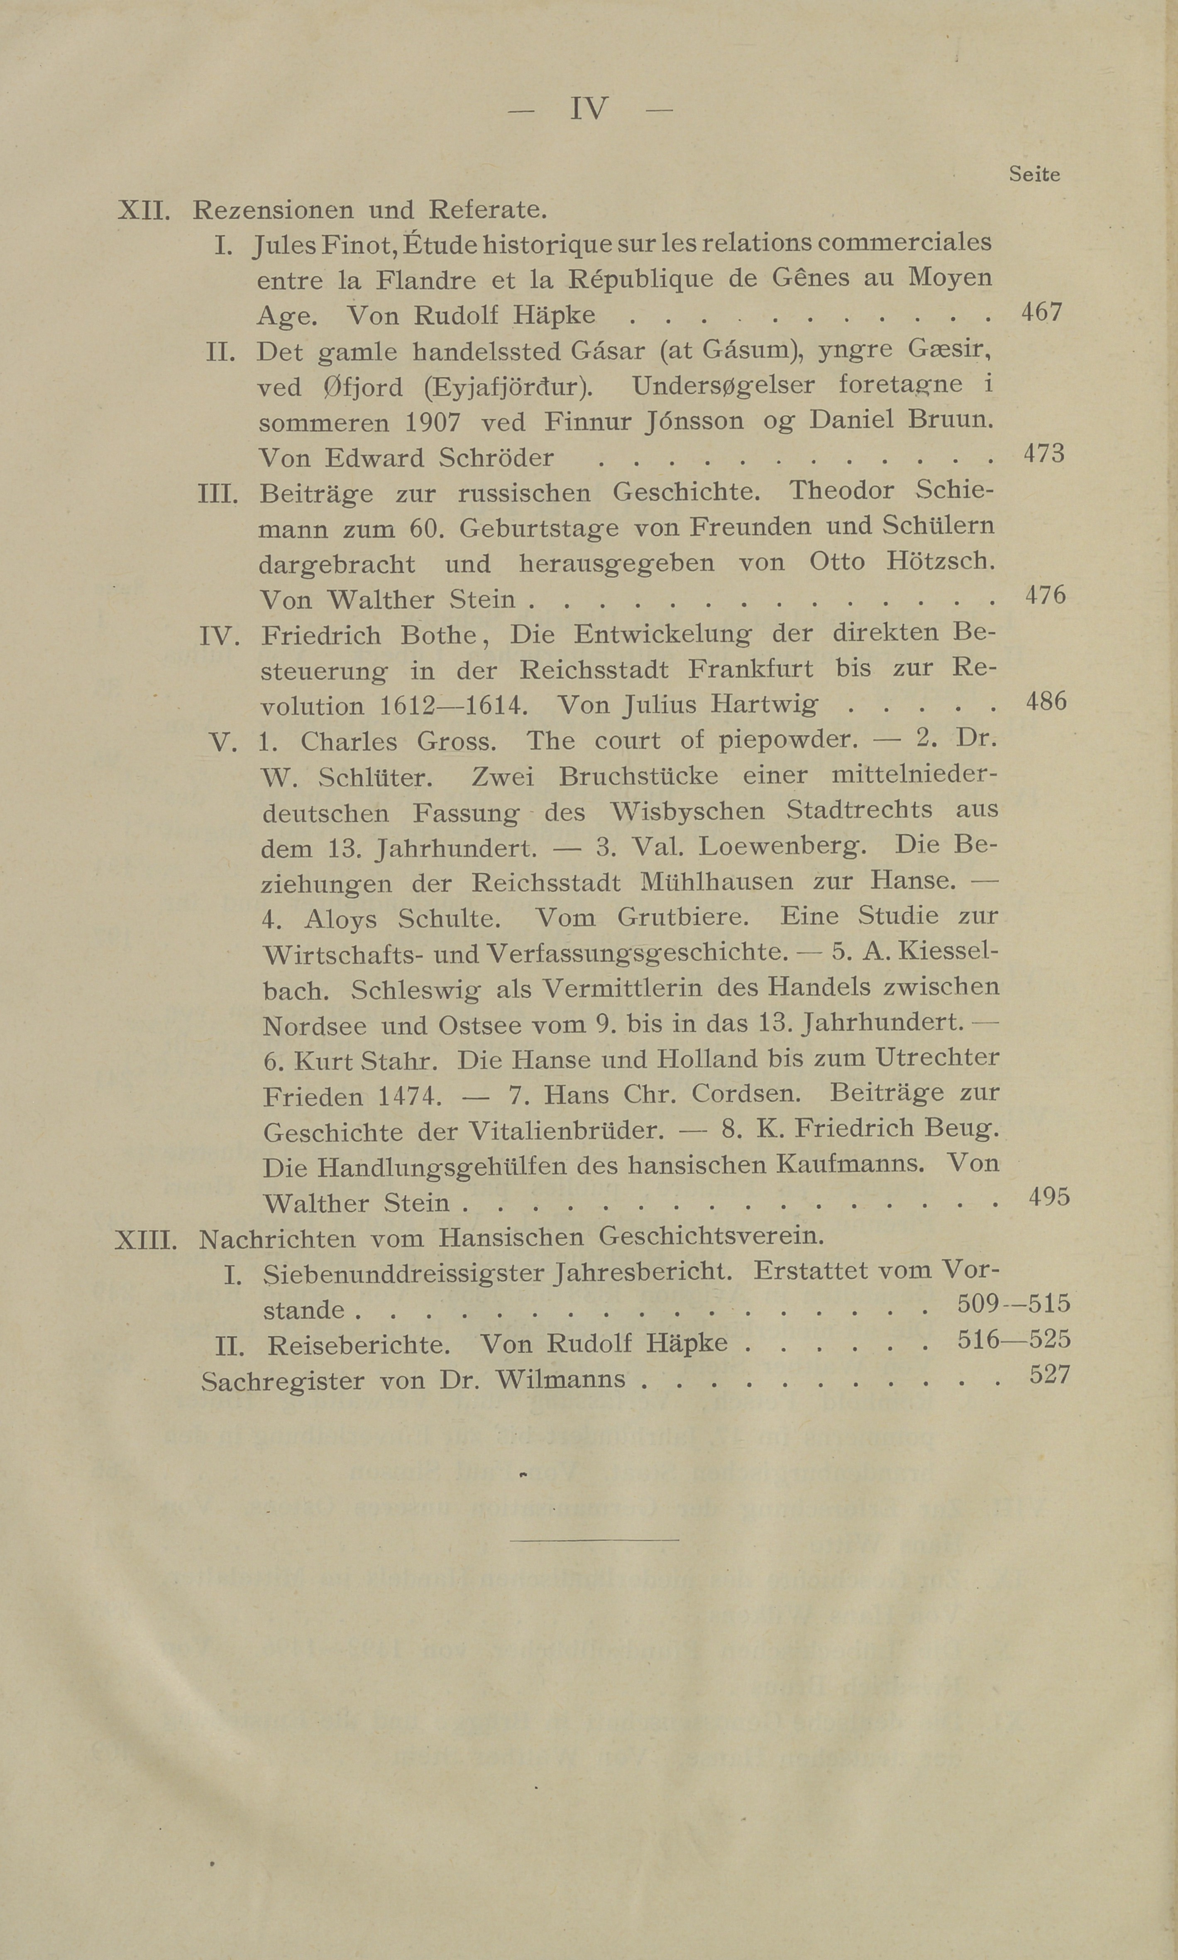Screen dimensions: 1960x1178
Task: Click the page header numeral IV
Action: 589,109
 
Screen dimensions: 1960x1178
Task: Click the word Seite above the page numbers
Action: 1034,175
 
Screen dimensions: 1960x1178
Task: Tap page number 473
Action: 1043,454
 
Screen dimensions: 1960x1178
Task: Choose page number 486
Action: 1046,702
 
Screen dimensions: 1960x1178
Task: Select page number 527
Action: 1049,1374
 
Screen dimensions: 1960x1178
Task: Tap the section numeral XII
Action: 143,211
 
